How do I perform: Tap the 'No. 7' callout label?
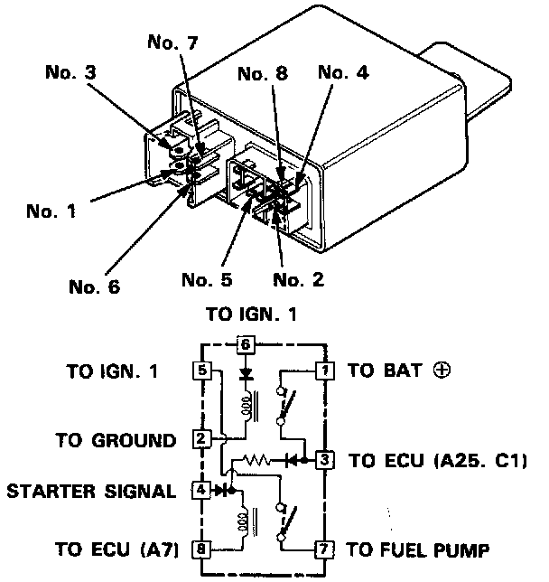170,42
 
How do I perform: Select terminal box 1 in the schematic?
322,370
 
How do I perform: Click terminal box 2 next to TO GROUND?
200,440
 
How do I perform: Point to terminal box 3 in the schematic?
322,460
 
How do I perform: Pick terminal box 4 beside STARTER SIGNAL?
200,491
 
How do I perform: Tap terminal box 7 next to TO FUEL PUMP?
322,549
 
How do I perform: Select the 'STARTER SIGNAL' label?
91,492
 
